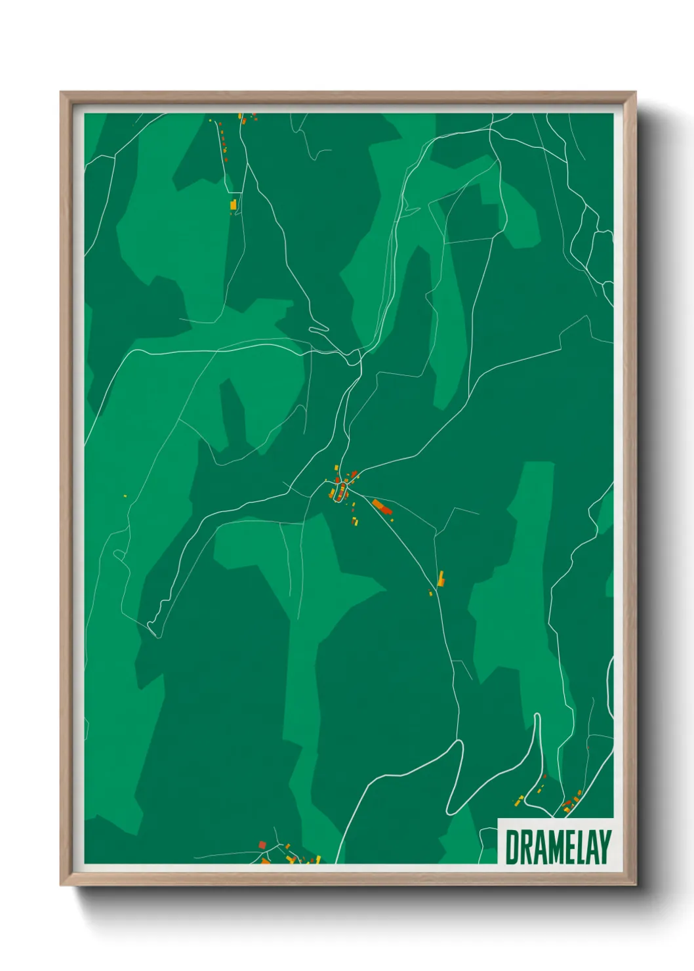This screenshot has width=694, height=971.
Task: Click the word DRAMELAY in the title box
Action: [x=558, y=847]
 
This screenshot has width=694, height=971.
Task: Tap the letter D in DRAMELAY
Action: [x=512, y=847]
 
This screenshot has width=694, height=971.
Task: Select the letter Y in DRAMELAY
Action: [x=604, y=847]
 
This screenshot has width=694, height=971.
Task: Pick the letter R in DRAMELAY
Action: [x=525, y=847]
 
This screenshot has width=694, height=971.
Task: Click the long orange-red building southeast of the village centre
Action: [x=381, y=506]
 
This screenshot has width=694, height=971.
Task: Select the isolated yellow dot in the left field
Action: [x=125, y=495]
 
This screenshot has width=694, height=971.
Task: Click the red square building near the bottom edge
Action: [x=262, y=844]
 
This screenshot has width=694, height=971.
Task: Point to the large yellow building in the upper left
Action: [x=233, y=205]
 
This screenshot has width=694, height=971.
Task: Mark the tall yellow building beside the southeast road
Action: [x=441, y=579]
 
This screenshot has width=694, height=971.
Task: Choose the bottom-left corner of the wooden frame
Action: [x=62, y=885]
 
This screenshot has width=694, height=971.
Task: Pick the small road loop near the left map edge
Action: [x=119, y=555]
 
